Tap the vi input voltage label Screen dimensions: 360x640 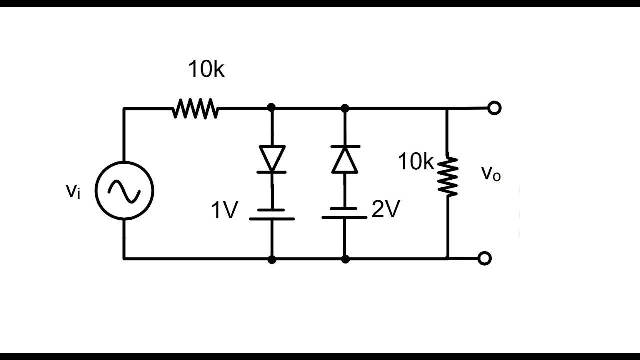[x=73, y=191]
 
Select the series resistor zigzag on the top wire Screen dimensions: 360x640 [x=195, y=108]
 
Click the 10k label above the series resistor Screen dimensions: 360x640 [x=206, y=70]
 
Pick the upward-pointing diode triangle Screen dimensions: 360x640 [x=345, y=159]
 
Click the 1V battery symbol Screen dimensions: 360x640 [x=272, y=214]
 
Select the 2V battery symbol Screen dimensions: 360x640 [x=345, y=213]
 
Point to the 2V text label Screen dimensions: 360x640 [x=386, y=210]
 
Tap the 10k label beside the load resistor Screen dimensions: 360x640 [x=416, y=162]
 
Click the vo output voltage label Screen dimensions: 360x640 [x=490, y=174]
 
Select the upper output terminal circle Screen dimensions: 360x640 [x=494, y=108]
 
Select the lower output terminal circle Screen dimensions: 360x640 [x=484, y=258]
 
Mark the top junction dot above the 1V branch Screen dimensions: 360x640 [x=272, y=107]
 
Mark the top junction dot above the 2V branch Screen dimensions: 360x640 [x=345, y=107]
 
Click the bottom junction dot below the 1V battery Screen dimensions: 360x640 [x=272, y=259]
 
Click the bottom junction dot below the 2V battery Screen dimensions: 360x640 [x=345, y=259]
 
